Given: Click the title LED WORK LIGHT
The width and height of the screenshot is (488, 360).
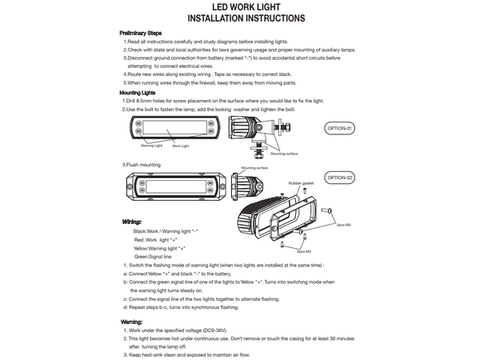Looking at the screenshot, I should pyautogui.click(x=246, y=6).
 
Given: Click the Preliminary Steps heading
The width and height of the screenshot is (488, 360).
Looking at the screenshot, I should pyautogui.click(x=140, y=32).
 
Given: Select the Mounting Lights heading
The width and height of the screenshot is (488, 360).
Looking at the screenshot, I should pyautogui.click(x=137, y=93).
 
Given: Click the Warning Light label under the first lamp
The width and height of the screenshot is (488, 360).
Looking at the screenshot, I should pyautogui.click(x=151, y=146).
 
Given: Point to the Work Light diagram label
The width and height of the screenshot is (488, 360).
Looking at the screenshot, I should pyautogui.click(x=181, y=146).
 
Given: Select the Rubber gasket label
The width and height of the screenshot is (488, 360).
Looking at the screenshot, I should pyautogui.click(x=301, y=183).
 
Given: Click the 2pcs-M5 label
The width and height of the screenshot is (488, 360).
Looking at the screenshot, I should pyautogui.click(x=344, y=226).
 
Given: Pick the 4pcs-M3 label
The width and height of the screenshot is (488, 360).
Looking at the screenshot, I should pyautogui.click(x=303, y=251).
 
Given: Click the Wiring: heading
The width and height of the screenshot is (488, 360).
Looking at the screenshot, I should pyautogui.click(x=133, y=221).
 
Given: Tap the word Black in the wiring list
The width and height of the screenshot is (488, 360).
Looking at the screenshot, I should pyautogui.click(x=140, y=230).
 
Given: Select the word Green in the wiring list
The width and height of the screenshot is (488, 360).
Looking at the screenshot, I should pyautogui.click(x=142, y=256).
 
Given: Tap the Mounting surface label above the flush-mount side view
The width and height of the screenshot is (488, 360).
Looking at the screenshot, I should pyautogui.click(x=243, y=169).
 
